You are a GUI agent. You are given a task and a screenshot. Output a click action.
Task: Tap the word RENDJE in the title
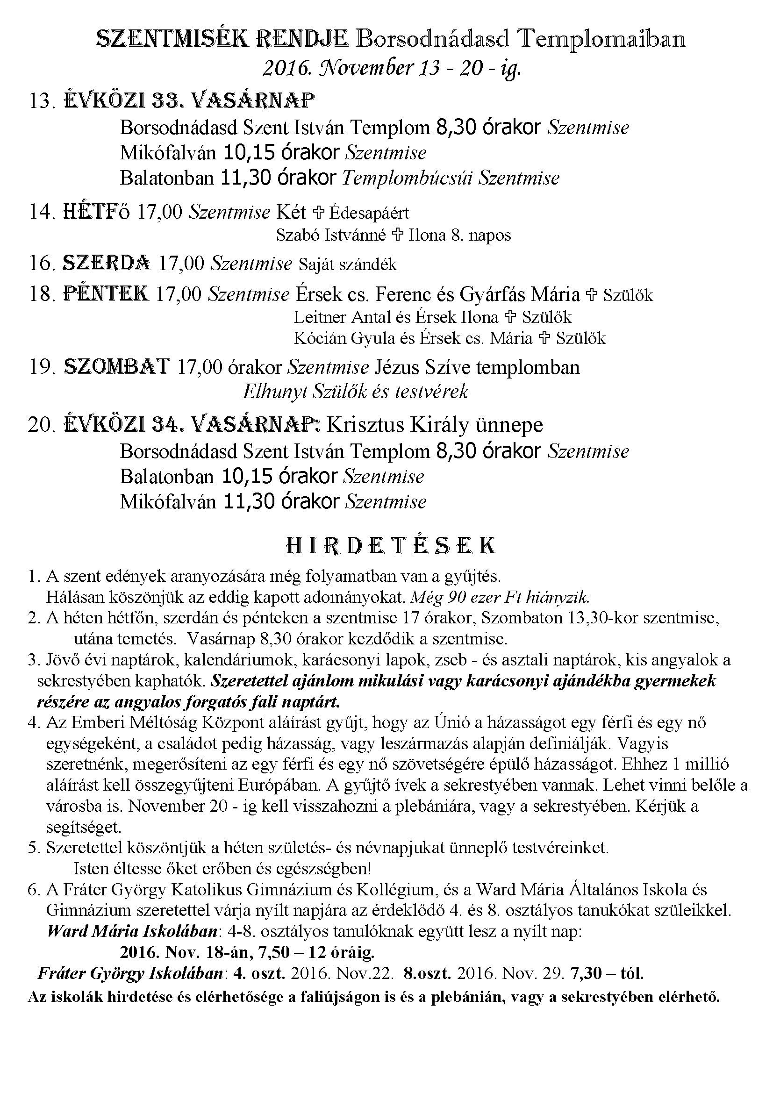301,39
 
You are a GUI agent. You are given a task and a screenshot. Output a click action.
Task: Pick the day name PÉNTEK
106,294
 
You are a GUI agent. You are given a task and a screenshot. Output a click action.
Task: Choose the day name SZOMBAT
117,366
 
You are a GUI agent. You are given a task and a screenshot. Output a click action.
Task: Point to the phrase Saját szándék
347,264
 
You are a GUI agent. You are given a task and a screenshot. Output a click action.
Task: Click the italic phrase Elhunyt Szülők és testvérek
356,392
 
